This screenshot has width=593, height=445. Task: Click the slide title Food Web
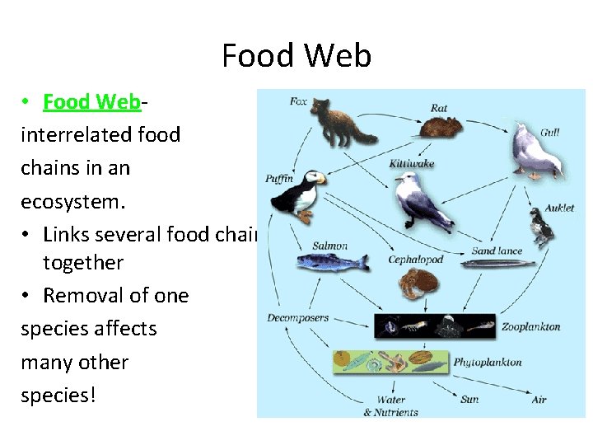point(296,56)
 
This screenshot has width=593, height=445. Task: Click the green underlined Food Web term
point(92,102)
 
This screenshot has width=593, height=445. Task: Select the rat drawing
point(443,125)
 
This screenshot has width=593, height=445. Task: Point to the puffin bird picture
point(298,196)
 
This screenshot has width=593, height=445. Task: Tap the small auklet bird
point(541,228)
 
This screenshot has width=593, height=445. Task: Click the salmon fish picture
point(329,262)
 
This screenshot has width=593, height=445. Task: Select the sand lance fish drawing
point(491,264)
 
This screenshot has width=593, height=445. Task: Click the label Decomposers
point(297,317)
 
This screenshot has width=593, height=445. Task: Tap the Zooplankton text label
point(531,326)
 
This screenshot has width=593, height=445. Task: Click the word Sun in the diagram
point(469,400)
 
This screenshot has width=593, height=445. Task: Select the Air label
point(539,400)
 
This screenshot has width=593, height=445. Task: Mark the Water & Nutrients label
point(391,405)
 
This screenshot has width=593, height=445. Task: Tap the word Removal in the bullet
point(82,296)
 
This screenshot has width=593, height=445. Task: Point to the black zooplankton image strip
point(435,326)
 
